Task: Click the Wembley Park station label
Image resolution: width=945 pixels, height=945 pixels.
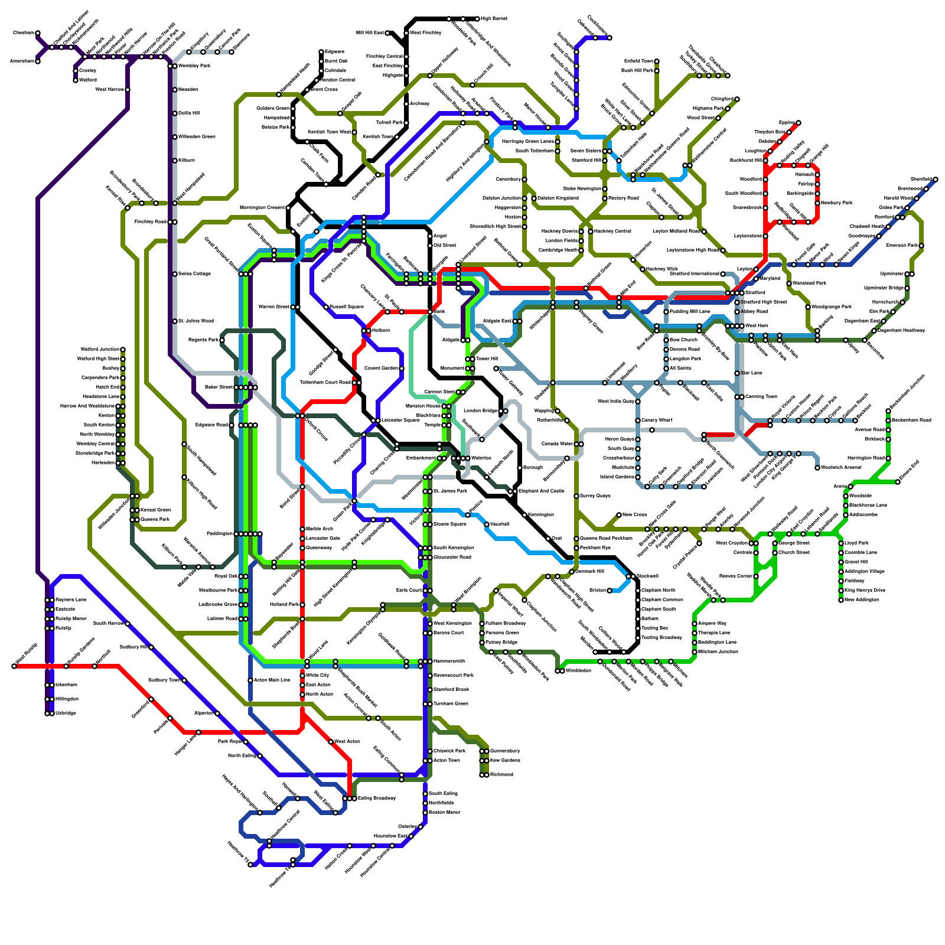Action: (x=194, y=66)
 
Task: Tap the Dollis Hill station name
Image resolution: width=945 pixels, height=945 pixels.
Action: (x=188, y=113)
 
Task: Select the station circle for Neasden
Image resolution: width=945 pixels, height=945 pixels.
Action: (x=175, y=90)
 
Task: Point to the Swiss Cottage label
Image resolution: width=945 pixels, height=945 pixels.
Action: (x=194, y=274)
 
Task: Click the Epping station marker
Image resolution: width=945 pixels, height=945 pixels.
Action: (x=799, y=123)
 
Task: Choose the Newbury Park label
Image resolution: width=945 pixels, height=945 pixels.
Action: (x=837, y=203)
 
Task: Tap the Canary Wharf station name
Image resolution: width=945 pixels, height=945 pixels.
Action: (x=657, y=420)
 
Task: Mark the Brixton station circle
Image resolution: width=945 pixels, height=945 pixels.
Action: (x=610, y=591)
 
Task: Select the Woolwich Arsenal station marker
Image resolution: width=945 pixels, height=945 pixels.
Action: (x=817, y=468)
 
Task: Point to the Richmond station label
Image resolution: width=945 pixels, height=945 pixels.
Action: (x=501, y=774)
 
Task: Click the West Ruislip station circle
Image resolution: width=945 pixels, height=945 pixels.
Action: (x=14, y=666)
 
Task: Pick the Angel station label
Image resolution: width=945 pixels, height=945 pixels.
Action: (x=440, y=236)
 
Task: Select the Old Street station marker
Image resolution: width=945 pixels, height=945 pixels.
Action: (x=430, y=245)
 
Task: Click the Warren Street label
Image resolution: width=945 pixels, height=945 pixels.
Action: (x=274, y=307)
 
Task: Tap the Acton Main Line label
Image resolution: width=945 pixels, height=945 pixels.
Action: (x=272, y=680)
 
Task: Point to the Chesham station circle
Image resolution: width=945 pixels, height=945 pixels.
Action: (x=38, y=33)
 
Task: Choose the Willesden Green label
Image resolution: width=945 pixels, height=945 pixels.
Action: (x=197, y=136)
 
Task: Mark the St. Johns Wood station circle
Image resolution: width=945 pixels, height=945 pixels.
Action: (x=175, y=321)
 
